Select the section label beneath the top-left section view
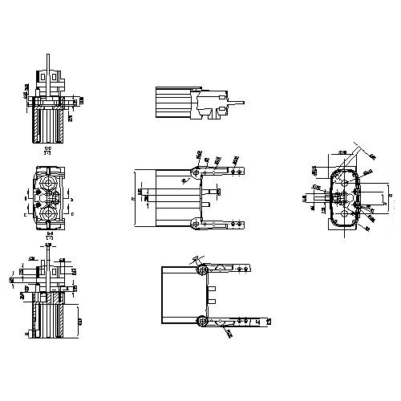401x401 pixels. pyautogui.click(x=49, y=150)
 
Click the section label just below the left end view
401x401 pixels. pyautogui.click(x=49, y=237)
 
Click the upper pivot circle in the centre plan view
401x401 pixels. pyautogui.click(x=197, y=172)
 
